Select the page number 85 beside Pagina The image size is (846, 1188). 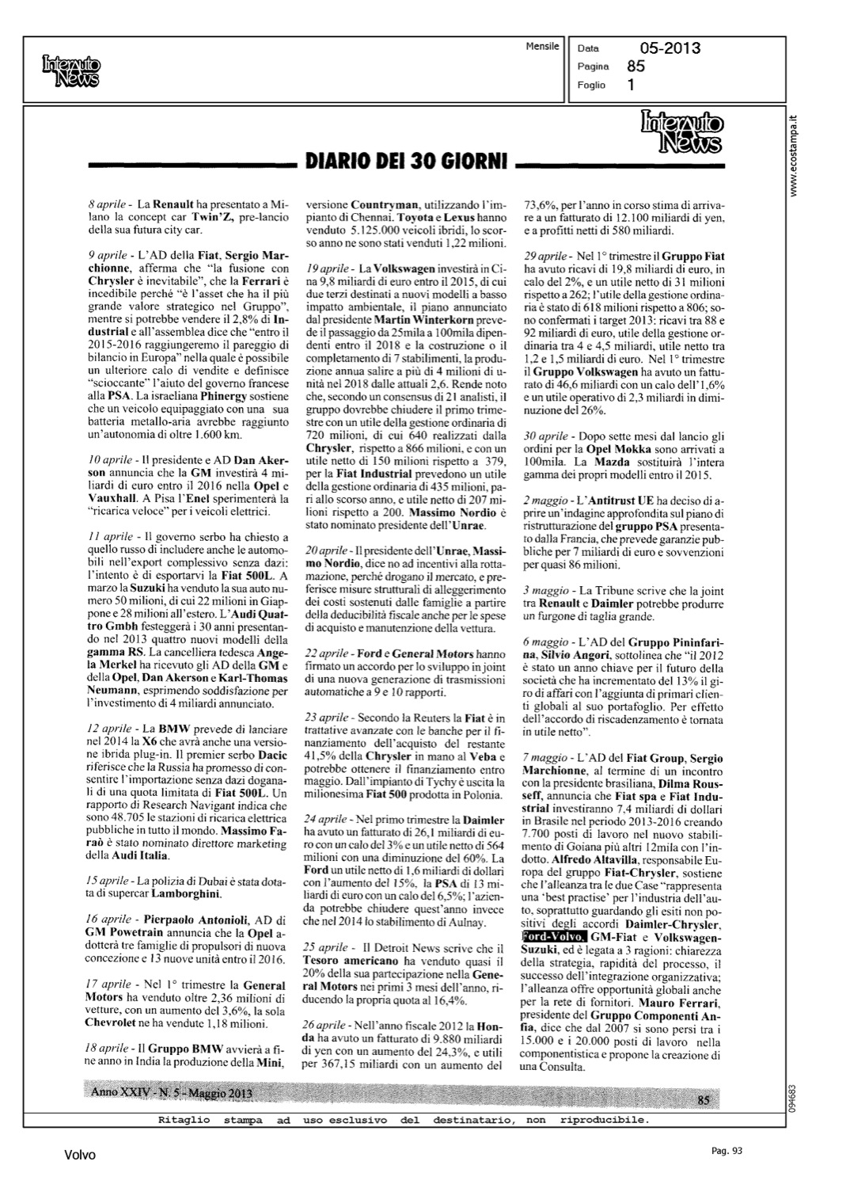[635, 67]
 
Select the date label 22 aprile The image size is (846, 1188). [327, 654]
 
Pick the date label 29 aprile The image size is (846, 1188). [545, 257]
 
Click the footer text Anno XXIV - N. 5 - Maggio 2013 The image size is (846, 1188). [172, 1093]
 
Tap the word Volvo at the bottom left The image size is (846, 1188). [80, 1155]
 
